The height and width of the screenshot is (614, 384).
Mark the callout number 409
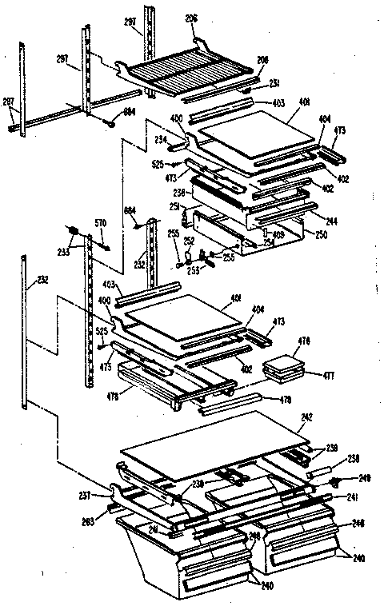coord(278,234)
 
